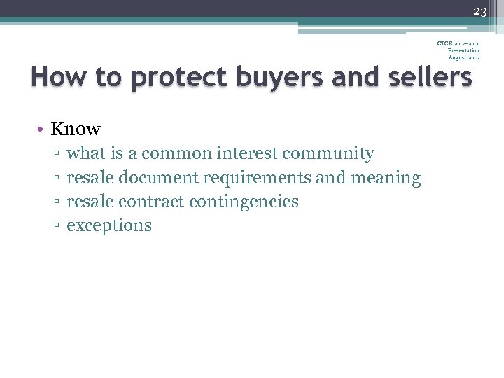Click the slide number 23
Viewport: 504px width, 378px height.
click(479, 10)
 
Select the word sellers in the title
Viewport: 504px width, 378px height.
click(426, 78)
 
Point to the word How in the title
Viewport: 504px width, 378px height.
click(55, 78)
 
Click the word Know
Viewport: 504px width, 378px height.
click(76, 129)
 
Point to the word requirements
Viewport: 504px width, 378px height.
click(259, 178)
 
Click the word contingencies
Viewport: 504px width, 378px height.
click(244, 202)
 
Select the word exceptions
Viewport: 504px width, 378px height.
click(108, 225)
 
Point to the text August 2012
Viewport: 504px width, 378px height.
click(463, 57)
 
